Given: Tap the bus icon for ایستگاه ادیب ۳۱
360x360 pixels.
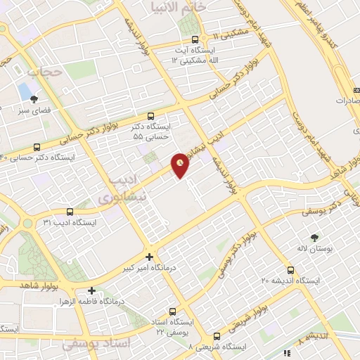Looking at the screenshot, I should [x=69, y=211].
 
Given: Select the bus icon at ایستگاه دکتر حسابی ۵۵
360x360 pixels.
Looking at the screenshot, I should [x=151, y=117].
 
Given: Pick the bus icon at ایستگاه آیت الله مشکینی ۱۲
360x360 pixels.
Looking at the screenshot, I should [x=203, y=39].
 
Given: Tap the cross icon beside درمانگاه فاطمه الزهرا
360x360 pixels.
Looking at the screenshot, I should [x=91, y=290].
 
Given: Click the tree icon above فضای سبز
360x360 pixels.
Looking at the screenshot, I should [x=33, y=99].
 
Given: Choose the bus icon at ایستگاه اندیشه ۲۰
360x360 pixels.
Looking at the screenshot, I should [x=290, y=270].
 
